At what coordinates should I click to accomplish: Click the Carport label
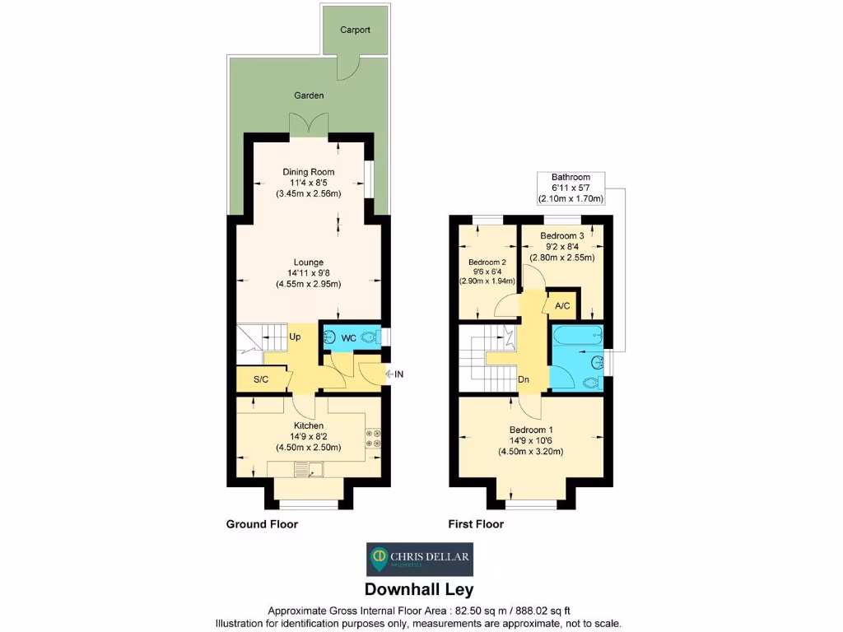pyautogui.click(x=356, y=30)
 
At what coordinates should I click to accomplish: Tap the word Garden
pyautogui.click(x=309, y=95)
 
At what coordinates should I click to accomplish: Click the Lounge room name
pyautogui.click(x=309, y=263)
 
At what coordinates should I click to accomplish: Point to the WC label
pyautogui.click(x=348, y=338)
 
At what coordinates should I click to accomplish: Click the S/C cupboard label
pyautogui.click(x=261, y=379)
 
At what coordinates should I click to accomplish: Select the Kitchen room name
pyautogui.click(x=309, y=425)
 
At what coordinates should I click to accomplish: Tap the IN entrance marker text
pyautogui.click(x=399, y=374)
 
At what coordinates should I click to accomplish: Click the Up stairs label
pyautogui.click(x=295, y=337)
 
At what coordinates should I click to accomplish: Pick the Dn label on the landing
pyautogui.click(x=524, y=379)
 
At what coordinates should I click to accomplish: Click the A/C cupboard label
pyautogui.click(x=563, y=306)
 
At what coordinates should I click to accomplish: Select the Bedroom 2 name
pyautogui.click(x=487, y=263)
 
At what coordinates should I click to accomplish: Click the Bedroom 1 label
pyautogui.click(x=531, y=430)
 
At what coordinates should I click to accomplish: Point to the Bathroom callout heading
pyautogui.click(x=571, y=177)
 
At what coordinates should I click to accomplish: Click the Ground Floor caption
pyautogui.click(x=262, y=524)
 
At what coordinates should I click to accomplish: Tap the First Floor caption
pyautogui.click(x=476, y=524)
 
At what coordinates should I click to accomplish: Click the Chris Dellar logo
pyautogui.click(x=420, y=560)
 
